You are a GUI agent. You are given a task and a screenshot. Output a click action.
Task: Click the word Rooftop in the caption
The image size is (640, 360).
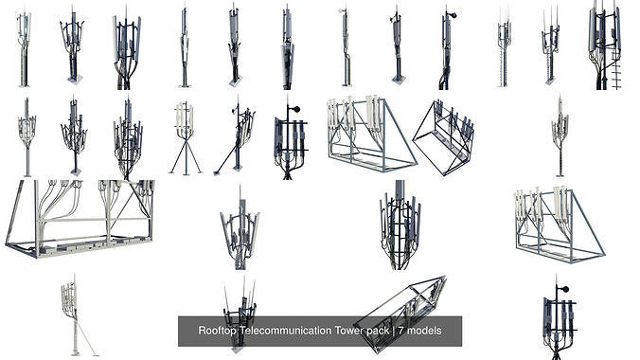point(218,332)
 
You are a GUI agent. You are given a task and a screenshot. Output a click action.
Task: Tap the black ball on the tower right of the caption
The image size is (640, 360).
point(565,289)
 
